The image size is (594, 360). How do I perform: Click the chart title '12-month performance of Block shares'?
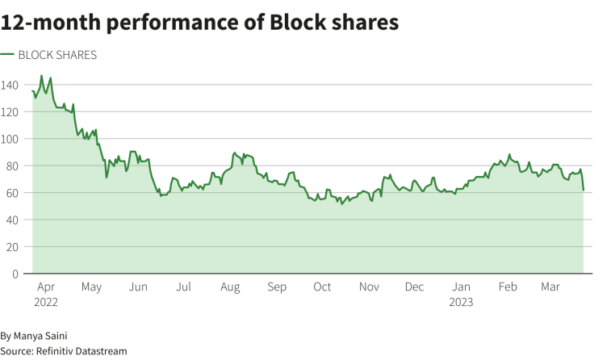199,23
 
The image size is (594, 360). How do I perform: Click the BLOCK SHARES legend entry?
56,55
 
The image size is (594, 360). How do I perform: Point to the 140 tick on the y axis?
10,85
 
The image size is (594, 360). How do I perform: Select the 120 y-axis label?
10,111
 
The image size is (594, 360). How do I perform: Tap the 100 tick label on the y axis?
10,139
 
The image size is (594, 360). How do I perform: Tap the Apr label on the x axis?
46,287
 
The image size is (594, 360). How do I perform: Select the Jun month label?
138,287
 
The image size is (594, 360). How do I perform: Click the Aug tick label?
230,287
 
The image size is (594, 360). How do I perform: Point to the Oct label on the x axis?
323,287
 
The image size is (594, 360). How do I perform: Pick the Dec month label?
415,287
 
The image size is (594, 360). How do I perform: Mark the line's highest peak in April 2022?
41,76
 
